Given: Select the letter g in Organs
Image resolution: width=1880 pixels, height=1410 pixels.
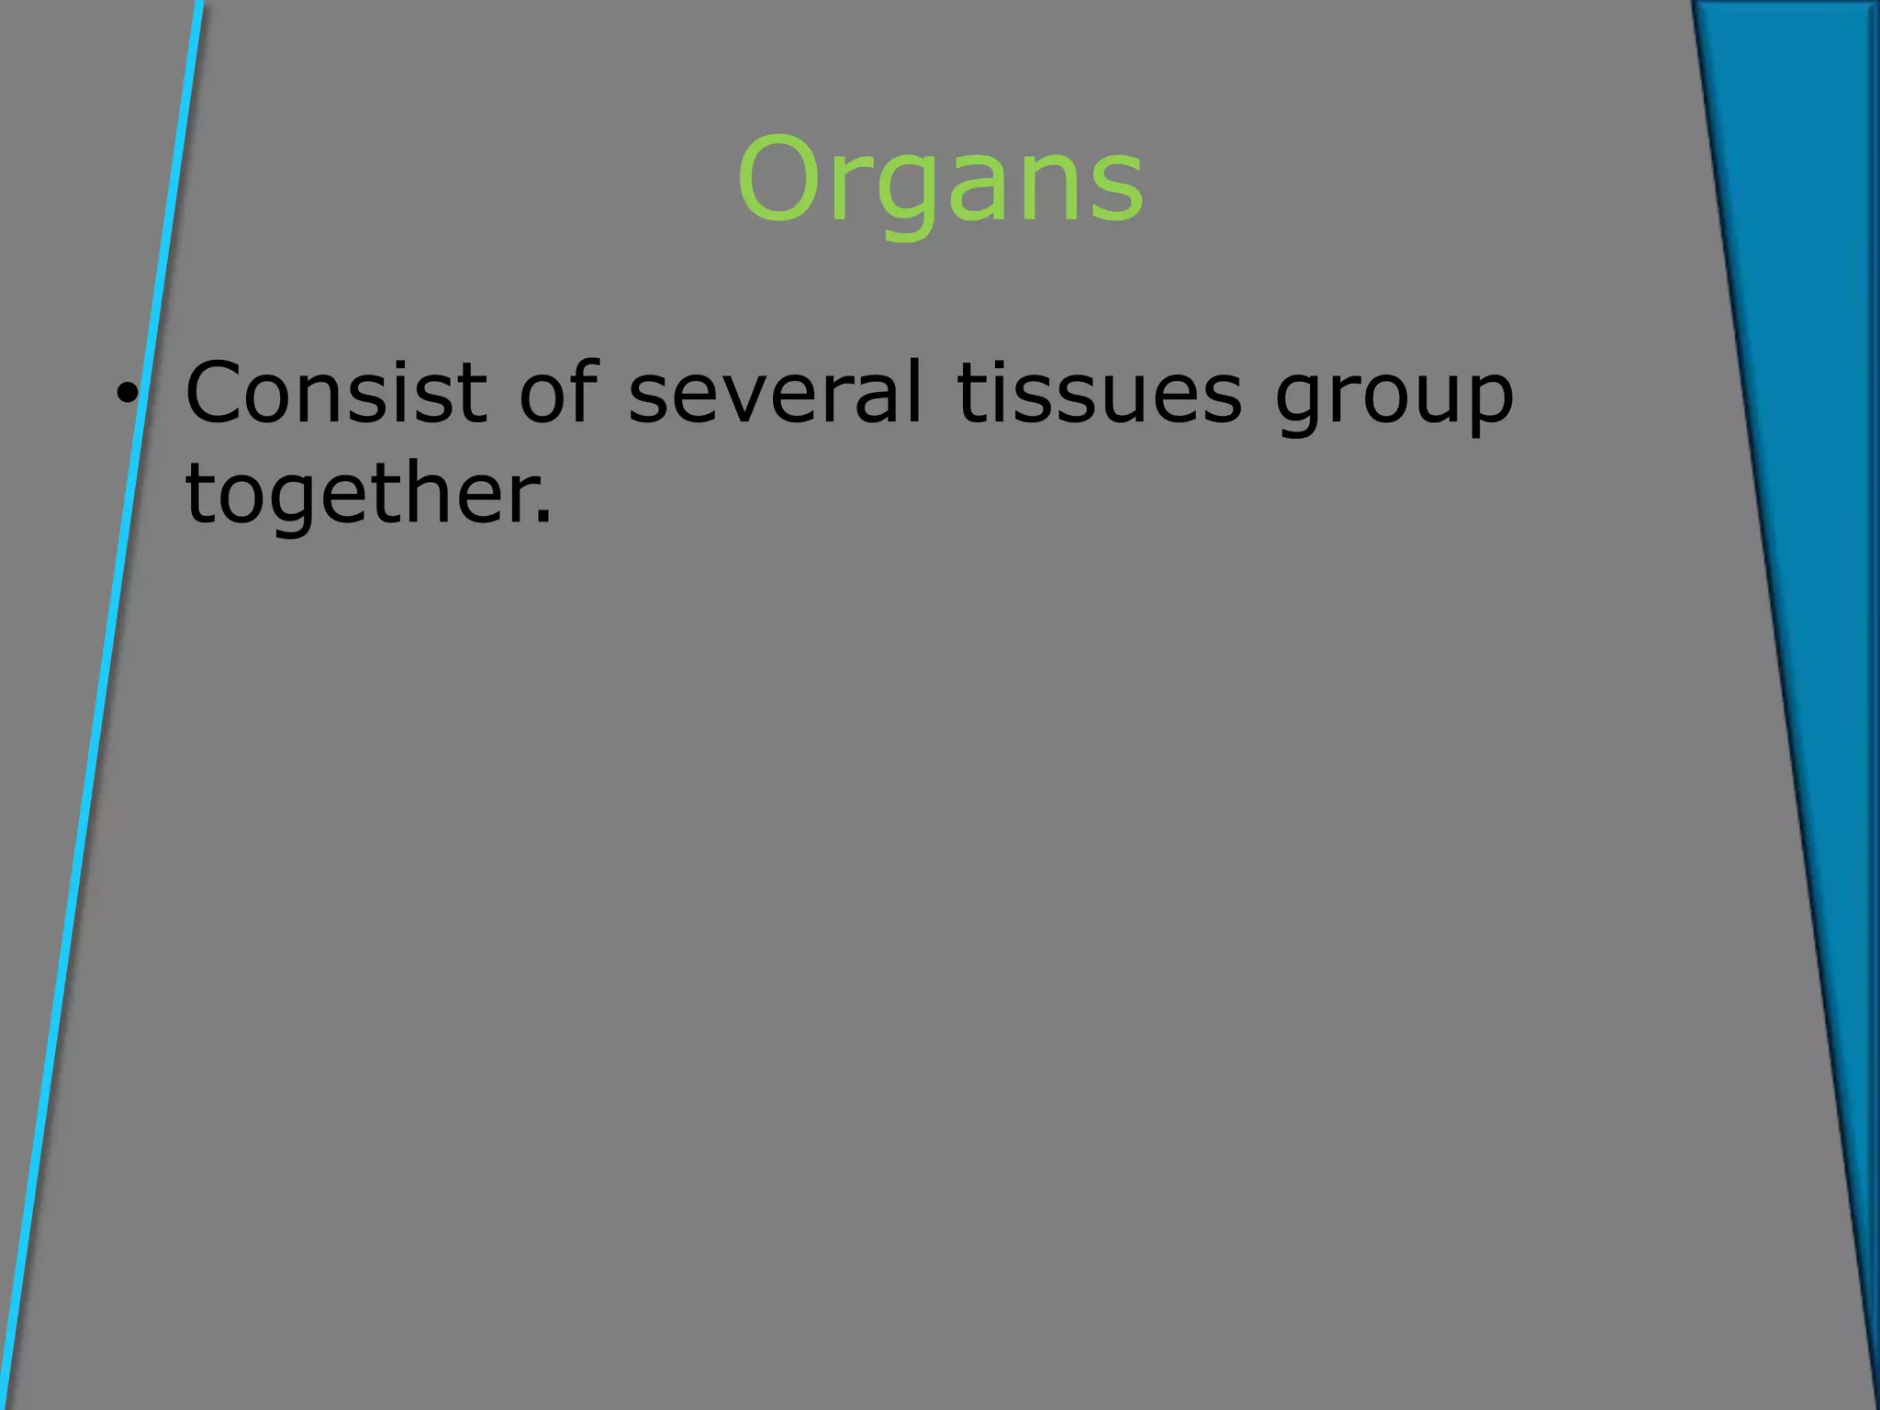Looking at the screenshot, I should (x=904, y=193).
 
